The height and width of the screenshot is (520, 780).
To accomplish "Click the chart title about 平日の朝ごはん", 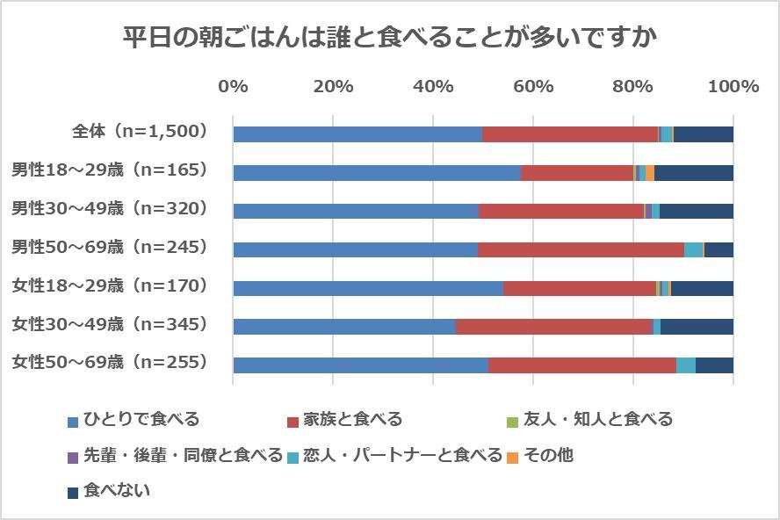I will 389,40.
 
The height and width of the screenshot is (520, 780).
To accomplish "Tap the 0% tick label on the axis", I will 233,86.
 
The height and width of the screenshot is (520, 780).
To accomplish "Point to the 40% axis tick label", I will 432,86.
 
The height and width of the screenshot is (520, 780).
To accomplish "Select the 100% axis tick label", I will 733,86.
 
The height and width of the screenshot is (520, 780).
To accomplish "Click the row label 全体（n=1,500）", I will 140,132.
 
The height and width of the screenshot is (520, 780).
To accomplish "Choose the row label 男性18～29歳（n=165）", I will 109,170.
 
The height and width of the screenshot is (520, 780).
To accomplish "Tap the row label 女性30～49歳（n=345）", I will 109,324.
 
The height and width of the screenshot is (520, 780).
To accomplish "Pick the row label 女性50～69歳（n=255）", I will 109,362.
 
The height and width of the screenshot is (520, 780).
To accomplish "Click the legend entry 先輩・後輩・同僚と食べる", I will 174,455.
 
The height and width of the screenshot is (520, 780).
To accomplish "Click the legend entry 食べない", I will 109,491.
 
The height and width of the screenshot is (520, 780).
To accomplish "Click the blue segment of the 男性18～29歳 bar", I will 377,173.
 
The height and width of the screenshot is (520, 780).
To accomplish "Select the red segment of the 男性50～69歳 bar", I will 581,249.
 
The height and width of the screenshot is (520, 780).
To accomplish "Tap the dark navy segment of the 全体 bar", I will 704,134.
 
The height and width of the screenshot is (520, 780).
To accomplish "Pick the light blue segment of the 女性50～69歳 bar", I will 686,365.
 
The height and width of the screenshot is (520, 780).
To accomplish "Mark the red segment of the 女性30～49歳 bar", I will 554,327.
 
